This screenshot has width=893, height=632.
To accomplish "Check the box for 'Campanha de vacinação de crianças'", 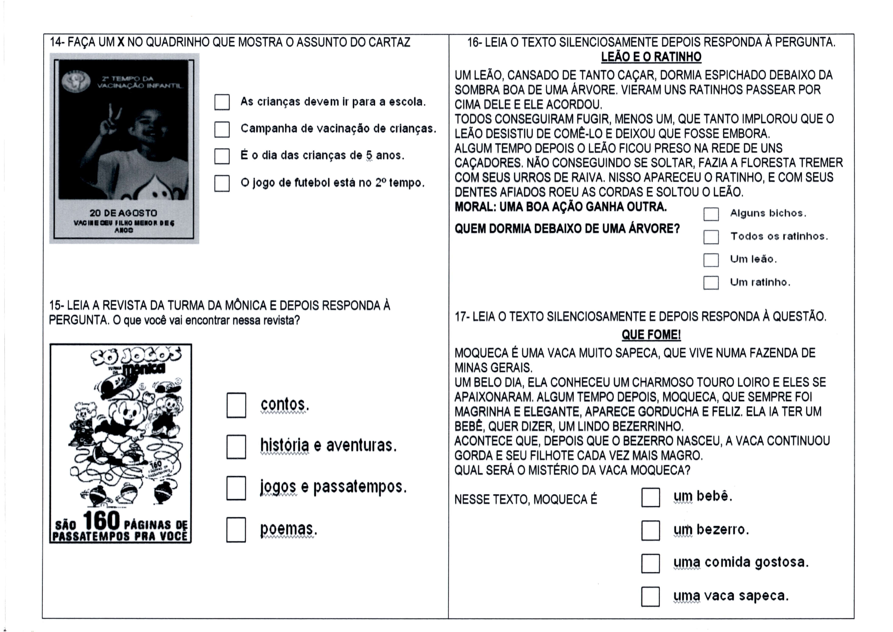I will [222, 129].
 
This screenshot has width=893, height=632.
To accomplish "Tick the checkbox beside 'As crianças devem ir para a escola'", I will [222, 102].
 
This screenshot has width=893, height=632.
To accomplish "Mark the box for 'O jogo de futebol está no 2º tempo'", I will [222, 183].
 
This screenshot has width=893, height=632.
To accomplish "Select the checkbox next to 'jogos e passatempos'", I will [236, 488].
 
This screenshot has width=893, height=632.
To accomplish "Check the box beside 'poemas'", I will [236, 530].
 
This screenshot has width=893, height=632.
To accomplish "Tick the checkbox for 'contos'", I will [236, 405].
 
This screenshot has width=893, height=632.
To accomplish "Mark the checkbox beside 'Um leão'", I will [711, 260].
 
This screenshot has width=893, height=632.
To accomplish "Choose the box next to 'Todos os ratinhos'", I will [711, 237].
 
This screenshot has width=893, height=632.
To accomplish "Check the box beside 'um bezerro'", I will [650, 530].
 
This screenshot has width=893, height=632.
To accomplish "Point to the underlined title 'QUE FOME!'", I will [651, 335].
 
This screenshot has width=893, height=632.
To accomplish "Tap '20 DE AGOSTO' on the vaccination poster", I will [123, 213].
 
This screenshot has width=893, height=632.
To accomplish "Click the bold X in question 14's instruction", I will [121, 42].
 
